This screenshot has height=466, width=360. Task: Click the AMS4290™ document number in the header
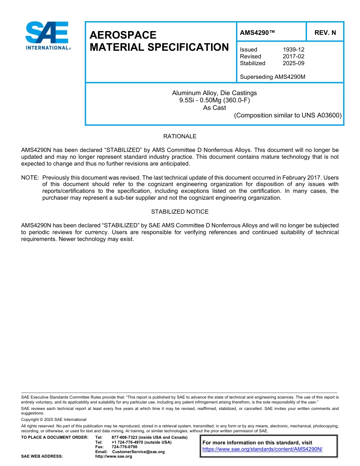[257, 33]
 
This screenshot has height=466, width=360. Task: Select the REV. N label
[325, 33]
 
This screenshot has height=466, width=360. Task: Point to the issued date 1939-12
[293, 50]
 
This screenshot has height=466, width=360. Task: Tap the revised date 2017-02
[293, 56]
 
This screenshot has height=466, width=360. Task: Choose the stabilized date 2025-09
[293, 63]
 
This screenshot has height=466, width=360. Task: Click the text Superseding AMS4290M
[272, 77]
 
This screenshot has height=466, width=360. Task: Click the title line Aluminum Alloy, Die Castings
[214, 93]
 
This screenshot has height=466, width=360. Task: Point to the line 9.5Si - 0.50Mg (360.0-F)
[214, 100]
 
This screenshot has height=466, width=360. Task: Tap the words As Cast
[214, 108]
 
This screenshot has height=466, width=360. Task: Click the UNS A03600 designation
[321, 116]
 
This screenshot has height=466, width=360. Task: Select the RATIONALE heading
[180, 136]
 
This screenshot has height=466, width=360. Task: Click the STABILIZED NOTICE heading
[180, 212]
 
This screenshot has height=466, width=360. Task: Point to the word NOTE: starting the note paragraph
[30, 178]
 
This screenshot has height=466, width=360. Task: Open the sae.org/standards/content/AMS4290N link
[262, 449]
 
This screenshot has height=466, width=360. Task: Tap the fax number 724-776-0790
[124, 447]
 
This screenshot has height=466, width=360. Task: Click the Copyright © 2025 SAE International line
[54, 419]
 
